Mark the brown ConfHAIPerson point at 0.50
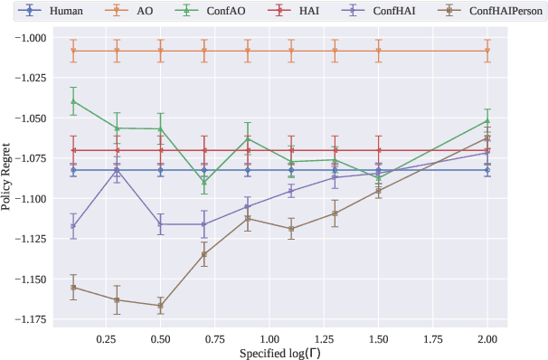coord(160,306)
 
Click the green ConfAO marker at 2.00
coord(487,120)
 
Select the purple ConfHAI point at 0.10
coord(73,226)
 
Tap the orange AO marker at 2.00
coord(487,51)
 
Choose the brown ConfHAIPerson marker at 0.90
coord(248,219)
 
